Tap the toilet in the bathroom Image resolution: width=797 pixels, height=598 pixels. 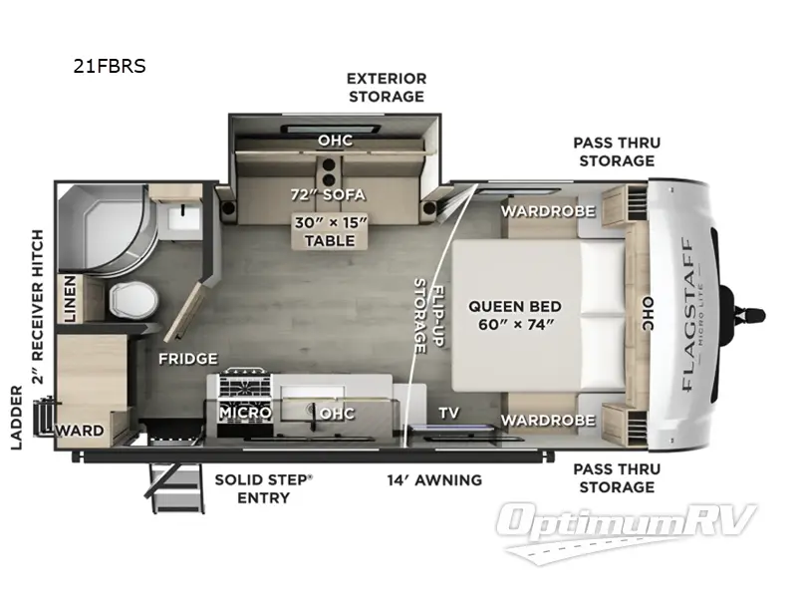[x=128, y=296]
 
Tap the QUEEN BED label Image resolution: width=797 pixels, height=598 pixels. [x=514, y=315]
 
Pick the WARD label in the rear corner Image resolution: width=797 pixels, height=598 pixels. [x=80, y=432]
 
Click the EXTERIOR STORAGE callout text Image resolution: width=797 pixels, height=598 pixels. [x=386, y=87]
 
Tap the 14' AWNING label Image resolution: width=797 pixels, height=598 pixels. [x=434, y=479]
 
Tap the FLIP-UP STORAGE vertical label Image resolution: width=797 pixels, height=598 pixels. [x=427, y=317]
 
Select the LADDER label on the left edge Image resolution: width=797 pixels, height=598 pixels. [x=17, y=416]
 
